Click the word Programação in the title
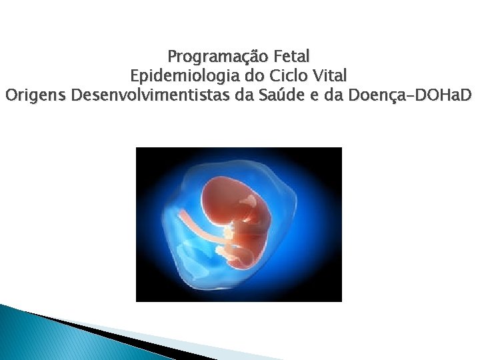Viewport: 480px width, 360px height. point(205,55)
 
